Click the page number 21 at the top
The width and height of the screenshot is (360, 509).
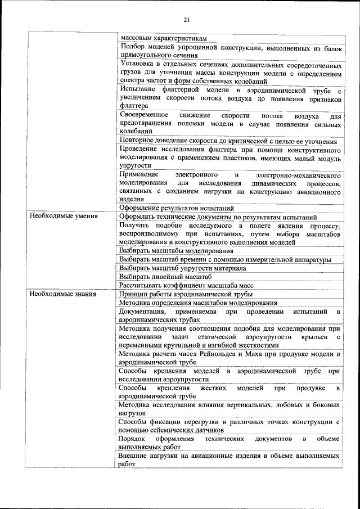[187, 21]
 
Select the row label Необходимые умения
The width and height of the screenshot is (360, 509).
[64, 217]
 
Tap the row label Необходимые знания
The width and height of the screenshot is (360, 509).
[63, 294]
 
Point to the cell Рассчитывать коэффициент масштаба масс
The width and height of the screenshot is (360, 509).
[186, 286]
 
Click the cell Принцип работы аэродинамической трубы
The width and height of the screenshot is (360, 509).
[186, 294]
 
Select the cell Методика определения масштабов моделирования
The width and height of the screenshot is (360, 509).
[194, 303]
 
